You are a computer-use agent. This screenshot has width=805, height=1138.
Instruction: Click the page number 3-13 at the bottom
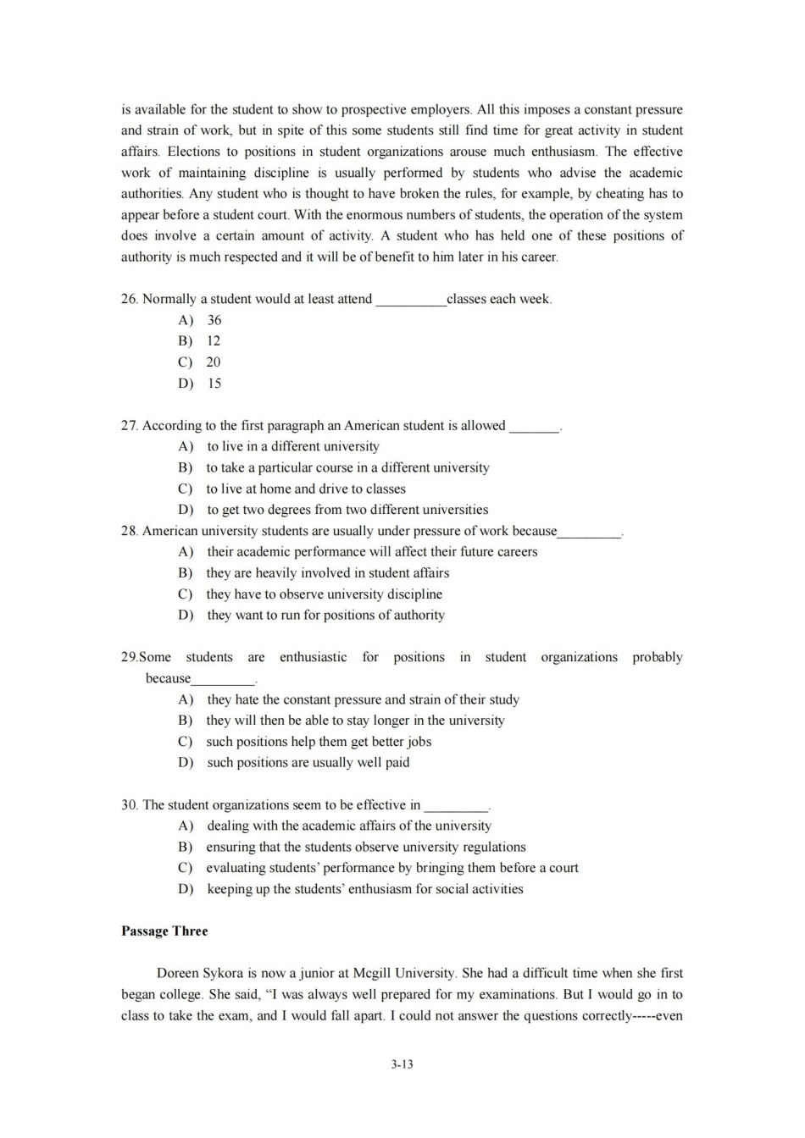pyautogui.click(x=402, y=1063)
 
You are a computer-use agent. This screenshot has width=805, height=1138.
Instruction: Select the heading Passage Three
pyautogui.click(x=164, y=931)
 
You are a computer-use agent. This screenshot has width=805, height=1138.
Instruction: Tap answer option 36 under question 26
pyautogui.click(x=214, y=320)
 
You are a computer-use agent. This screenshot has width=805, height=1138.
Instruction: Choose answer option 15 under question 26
pyautogui.click(x=214, y=384)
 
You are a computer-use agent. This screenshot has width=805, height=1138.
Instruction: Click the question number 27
pyautogui.click(x=129, y=426)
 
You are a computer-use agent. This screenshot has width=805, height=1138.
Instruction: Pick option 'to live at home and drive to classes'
pyautogui.click(x=306, y=489)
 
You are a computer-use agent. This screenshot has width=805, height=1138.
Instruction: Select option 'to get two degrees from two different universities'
pyautogui.click(x=347, y=510)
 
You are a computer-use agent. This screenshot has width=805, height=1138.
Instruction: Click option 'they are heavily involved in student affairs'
pyautogui.click(x=328, y=573)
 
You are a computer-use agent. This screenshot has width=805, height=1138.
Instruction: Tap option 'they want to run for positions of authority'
pyautogui.click(x=325, y=616)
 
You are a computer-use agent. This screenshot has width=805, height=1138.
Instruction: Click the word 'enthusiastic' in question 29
pyautogui.click(x=313, y=657)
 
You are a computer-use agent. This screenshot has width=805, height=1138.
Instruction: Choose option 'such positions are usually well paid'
pyautogui.click(x=308, y=762)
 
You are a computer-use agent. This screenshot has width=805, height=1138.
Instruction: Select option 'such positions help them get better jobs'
pyautogui.click(x=319, y=742)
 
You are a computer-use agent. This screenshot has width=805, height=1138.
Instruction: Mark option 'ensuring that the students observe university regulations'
pyautogui.click(x=366, y=847)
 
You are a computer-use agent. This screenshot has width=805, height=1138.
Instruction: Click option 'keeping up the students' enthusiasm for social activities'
pyautogui.click(x=365, y=889)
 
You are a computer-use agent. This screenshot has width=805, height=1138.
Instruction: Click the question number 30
pyautogui.click(x=129, y=805)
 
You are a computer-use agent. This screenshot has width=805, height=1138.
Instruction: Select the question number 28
pyautogui.click(x=129, y=531)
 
